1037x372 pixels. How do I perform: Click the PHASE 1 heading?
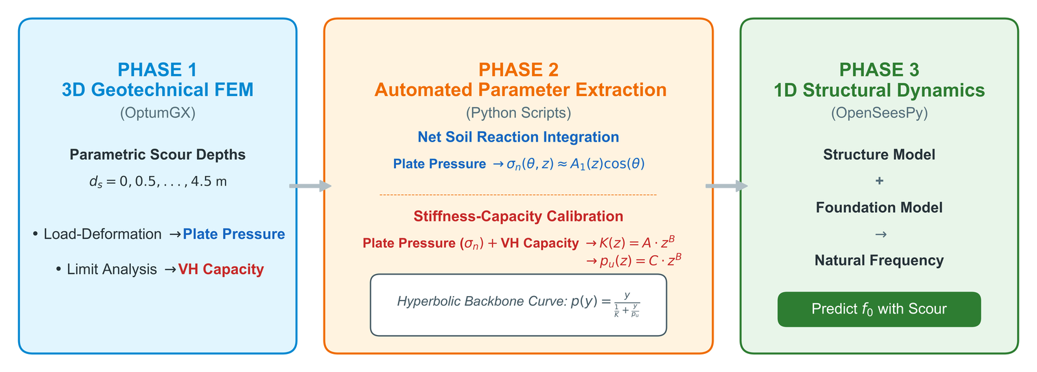[x=157, y=69]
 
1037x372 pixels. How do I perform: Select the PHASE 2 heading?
[x=518, y=69]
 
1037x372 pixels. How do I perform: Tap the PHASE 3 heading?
[x=879, y=69]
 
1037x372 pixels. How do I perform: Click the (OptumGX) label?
[x=157, y=113]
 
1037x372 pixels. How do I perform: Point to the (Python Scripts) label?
[x=518, y=113]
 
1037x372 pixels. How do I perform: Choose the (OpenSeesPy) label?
[x=879, y=113]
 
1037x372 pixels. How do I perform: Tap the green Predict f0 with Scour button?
[x=879, y=310]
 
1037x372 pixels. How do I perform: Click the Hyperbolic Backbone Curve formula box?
[x=518, y=305]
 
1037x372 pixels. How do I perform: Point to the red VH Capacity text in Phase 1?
[x=221, y=269]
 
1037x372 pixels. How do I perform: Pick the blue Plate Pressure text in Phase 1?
[x=234, y=234]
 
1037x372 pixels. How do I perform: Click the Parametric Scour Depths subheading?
[x=157, y=155]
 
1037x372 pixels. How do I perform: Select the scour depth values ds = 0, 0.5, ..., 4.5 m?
[x=158, y=181]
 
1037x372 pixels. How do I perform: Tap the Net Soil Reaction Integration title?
[x=518, y=137]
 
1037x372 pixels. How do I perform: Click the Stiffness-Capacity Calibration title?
[x=518, y=216]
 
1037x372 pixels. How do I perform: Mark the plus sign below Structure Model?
[x=879, y=180]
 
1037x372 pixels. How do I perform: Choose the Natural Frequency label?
[x=879, y=261]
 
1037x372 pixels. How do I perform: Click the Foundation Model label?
[x=879, y=207]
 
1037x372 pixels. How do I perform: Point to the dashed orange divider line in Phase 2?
[x=518, y=195]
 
